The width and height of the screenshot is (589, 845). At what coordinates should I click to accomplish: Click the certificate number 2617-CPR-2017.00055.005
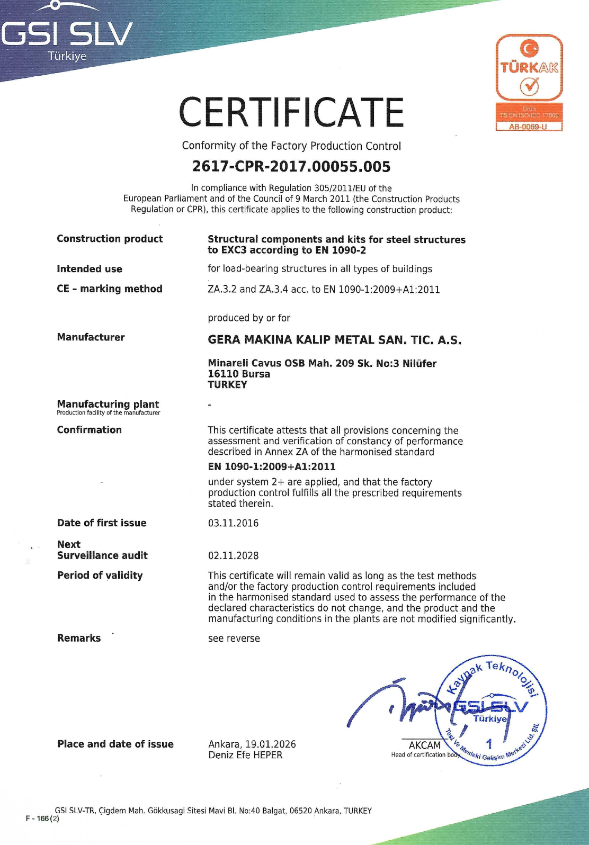click(291, 167)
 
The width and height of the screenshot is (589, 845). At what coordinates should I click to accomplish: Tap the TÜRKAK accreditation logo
click(529, 68)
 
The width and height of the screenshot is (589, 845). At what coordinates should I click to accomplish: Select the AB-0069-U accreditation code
click(528, 127)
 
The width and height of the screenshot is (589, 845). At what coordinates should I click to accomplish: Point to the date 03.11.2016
click(233, 523)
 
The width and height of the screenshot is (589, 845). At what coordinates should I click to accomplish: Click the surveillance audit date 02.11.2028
click(233, 556)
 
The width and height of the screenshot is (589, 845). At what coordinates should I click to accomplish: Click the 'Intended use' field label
click(90, 269)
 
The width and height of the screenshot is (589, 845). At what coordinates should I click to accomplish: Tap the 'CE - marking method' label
click(110, 289)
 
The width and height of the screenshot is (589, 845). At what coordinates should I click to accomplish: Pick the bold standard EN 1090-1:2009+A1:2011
click(272, 466)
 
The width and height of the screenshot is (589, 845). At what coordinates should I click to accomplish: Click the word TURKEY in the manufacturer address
click(227, 385)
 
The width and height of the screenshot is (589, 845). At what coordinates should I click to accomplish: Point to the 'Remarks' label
click(79, 638)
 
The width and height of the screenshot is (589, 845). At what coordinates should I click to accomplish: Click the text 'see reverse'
click(234, 639)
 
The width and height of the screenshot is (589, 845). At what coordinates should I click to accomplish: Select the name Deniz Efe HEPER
click(245, 755)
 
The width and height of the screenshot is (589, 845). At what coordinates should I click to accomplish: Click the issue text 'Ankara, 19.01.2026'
click(252, 744)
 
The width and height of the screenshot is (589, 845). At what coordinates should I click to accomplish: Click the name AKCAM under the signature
click(425, 745)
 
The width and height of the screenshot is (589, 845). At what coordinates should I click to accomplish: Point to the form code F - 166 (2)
click(42, 819)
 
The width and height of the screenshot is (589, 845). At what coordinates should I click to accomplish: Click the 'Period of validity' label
click(100, 576)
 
